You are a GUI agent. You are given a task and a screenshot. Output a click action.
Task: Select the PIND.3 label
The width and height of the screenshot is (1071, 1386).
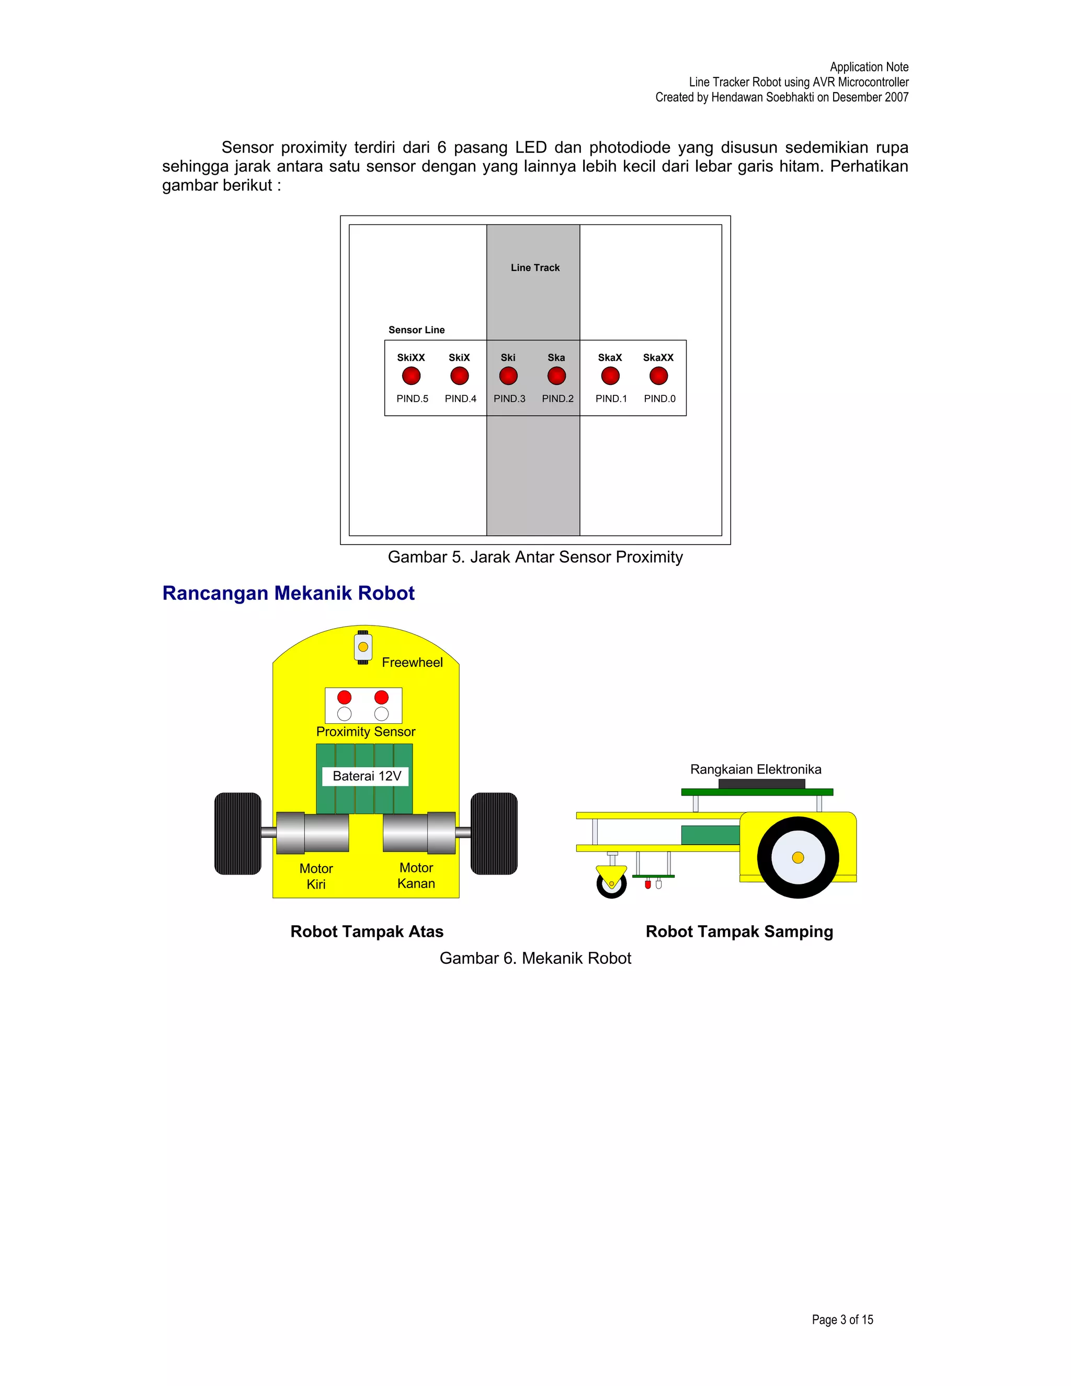click(x=509, y=399)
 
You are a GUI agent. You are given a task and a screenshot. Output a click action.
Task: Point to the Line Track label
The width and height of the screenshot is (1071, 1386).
click(x=535, y=268)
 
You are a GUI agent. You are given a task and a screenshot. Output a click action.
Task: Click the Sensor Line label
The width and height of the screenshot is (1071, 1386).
click(x=416, y=330)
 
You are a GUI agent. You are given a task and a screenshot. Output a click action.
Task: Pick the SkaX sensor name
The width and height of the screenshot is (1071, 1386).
click(x=610, y=357)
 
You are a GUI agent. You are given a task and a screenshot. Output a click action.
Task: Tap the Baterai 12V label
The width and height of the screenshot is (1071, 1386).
click(x=367, y=776)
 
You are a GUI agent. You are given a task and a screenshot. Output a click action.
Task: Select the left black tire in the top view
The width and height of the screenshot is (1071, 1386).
click(x=238, y=833)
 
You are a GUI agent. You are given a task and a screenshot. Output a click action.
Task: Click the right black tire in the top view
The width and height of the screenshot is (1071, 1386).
click(x=494, y=833)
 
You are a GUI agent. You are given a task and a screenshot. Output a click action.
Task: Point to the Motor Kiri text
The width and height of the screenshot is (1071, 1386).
click(x=316, y=877)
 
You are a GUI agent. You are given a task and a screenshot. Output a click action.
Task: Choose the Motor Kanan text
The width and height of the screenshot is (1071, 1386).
click(x=416, y=876)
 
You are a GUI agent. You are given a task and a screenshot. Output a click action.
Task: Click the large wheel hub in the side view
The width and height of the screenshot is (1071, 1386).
click(x=797, y=857)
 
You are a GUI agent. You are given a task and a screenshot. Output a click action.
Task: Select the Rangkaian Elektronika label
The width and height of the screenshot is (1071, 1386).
click(x=756, y=769)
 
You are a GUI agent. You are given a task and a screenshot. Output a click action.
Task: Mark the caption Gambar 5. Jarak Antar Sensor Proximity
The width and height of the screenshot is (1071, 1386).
click(x=535, y=557)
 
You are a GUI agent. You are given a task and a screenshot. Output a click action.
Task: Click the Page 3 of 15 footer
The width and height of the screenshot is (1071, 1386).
click(x=842, y=1320)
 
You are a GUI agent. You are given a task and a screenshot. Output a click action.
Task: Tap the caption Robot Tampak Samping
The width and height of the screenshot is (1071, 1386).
click(x=739, y=931)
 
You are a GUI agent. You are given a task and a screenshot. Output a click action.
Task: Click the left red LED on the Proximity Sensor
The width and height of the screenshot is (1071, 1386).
click(x=345, y=697)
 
